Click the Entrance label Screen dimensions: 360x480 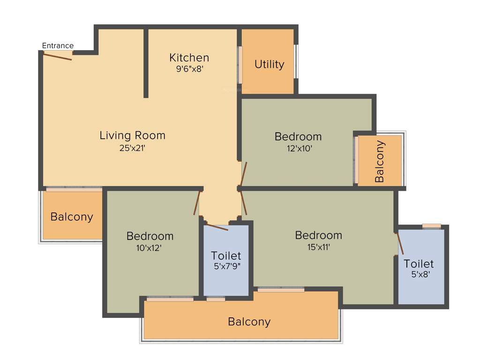tap(58, 45)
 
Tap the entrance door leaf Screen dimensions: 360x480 tap(58, 56)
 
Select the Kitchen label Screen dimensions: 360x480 tap(189, 58)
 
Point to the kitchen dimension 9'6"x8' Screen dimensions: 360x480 tap(189, 68)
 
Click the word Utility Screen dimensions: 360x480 tap(269, 64)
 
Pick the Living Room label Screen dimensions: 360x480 tap(132, 135)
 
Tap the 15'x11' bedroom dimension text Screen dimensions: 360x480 tap(318, 247)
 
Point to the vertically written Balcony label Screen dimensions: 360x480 tap(380, 161)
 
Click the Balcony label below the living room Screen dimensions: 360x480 tap(72, 217)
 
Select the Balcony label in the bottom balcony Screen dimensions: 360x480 tap(249, 322)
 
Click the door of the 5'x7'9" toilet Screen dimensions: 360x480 tap(217, 227)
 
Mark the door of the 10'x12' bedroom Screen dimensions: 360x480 tap(197, 203)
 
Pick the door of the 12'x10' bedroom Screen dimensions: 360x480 tap(243, 173)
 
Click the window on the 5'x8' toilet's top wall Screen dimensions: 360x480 tap(431, 226)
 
